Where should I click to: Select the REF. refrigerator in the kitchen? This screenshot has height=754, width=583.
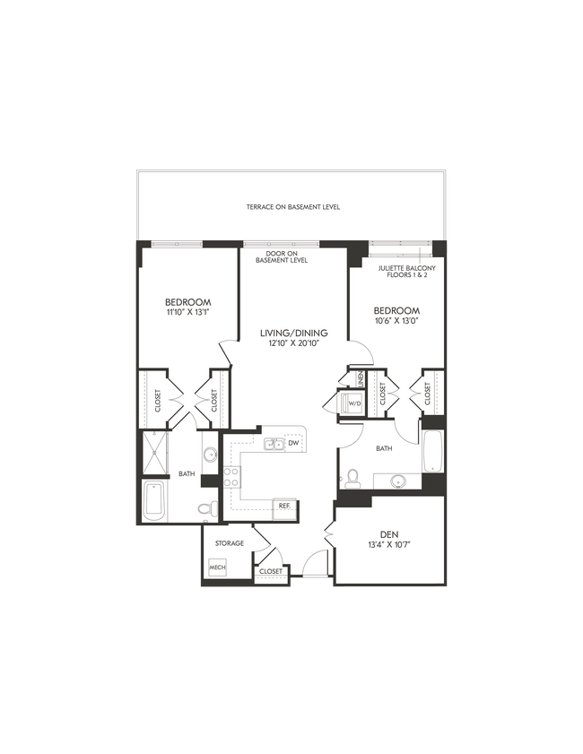click(x=283, y=506)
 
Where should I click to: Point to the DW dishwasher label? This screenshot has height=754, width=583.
click(x=293, y=443)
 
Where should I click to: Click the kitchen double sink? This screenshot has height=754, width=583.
click(x=274, y=444)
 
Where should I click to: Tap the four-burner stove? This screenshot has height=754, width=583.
click(x=231, y=476)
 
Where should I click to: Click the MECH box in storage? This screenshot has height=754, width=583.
click(x=216, y=568)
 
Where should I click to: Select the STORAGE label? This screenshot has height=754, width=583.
click(x=229, y=543)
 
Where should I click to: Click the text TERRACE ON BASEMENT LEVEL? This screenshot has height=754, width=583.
click(x=293, y=207)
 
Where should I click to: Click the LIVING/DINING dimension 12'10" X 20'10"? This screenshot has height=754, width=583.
click(x=289, y=342)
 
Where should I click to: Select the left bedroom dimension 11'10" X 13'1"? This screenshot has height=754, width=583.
click(x=187, y=313)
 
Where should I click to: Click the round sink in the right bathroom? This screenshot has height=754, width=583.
click(x=396, y=481)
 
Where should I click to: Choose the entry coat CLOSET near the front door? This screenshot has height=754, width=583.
click(x=270, y=571)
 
